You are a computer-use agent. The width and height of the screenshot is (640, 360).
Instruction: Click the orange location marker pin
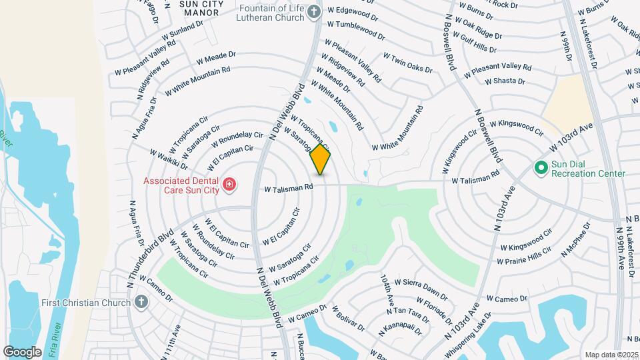coord(320,159)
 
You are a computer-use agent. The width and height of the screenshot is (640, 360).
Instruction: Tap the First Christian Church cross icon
coord(140,303)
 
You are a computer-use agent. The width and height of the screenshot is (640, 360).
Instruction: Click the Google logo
coord(22,351)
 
